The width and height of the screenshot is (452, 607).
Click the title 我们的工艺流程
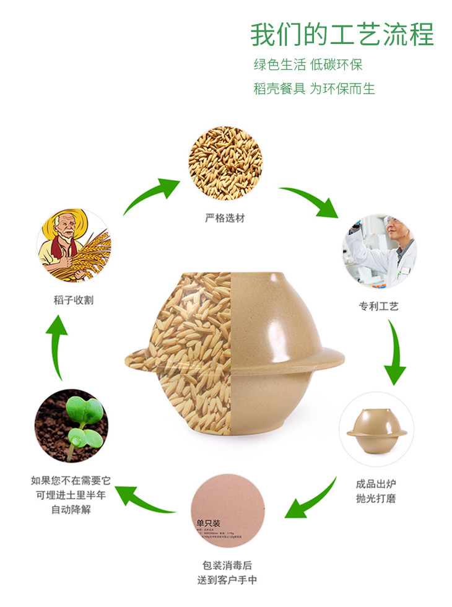pos(342,35)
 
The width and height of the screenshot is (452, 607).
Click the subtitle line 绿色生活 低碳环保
pos(308,65)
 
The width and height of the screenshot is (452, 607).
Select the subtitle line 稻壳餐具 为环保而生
pos(314,89)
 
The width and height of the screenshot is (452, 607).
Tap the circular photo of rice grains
pos(225,163)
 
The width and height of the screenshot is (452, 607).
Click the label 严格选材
pos(225,219)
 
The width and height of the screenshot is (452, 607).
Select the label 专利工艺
pos(378,306)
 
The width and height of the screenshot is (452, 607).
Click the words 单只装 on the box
pos(209,522)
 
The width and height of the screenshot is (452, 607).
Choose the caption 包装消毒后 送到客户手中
pos(227,573)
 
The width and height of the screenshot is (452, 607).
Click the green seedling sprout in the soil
pos(82,421)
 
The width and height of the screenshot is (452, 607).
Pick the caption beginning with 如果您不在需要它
pos(69,495)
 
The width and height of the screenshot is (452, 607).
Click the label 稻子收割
pos(74,300)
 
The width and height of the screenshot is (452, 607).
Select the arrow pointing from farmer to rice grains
pos(150,194)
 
